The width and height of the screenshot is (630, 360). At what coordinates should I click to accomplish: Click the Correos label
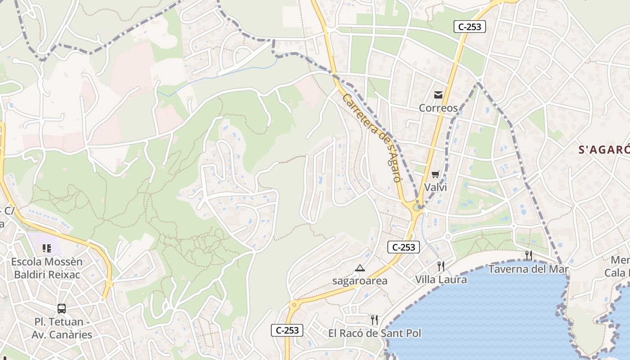tap(438, 108)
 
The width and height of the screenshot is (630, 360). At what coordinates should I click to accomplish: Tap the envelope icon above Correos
tap(438, 95)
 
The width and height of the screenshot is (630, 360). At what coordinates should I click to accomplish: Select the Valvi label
tap(436, 187)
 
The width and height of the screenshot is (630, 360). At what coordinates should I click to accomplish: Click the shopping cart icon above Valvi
tap(435, 175)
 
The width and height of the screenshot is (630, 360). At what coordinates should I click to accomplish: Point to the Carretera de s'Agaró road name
tap(371, 138)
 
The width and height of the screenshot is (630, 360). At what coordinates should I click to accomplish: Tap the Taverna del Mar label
tap(528, 269)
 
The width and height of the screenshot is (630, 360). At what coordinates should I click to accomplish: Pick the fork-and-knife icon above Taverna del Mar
tap(528, 256)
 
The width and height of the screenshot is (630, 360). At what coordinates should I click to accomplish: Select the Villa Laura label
tap(441, 279)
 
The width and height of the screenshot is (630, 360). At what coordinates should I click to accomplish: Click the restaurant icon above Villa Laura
tap(441, 266)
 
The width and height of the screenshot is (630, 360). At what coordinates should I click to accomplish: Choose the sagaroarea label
tap(360, 281)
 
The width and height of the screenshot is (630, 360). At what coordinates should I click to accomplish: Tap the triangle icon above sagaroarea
tap(360, 268)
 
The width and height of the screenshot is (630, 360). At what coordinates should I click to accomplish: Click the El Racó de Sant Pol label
tap(374, 333)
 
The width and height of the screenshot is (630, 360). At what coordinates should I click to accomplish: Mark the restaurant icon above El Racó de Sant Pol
tap(374, 320)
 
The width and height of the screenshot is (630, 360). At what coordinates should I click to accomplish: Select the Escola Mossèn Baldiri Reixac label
tap(47, 268)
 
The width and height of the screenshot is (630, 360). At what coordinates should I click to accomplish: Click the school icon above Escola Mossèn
tap(46, 248)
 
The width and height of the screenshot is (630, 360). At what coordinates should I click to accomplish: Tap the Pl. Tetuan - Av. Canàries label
tap(62, 328)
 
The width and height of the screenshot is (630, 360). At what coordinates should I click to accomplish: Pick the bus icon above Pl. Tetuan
tap(62, 309)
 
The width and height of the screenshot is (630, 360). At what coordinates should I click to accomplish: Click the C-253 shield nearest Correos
tap(469, 27)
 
